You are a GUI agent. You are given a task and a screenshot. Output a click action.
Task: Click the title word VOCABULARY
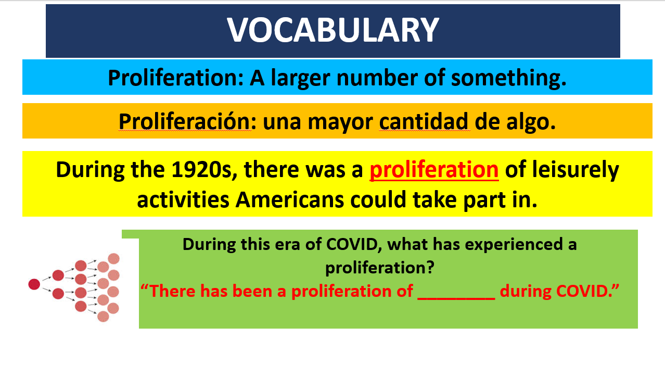pos(333,30)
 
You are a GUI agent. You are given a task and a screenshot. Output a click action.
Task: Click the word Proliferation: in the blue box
pos(176,78)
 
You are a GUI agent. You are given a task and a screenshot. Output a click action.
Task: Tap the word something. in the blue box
pos(509,78)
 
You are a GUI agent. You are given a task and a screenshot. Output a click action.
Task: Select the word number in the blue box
pos(377,78)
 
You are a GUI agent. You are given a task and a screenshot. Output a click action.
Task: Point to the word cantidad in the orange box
pos(424,121)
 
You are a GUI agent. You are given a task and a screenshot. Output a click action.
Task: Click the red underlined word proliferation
pos(434,170)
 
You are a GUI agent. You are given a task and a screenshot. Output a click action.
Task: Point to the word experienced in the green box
pos(514,245)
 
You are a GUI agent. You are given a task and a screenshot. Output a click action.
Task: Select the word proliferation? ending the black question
pos(380,268)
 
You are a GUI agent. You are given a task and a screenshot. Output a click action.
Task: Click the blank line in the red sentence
pos(456,298)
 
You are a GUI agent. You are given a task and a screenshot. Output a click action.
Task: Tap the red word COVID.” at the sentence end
pos(559,291)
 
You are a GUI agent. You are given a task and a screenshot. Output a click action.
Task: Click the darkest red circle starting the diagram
pos(34,284)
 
